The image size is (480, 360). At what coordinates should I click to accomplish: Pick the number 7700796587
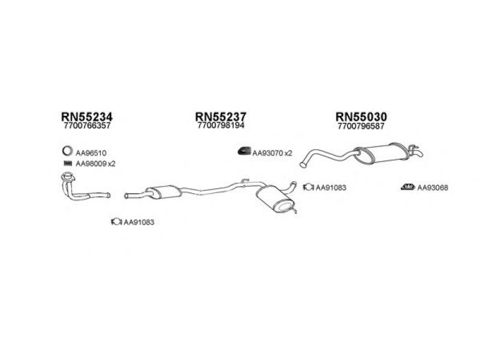click(x=361, y=127)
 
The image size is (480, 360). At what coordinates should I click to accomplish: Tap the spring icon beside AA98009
click(x=67, y=164)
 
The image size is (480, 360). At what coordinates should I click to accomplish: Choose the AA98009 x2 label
click(x=95, y=164)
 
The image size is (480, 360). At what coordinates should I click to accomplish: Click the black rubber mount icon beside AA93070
click(x=243, y=153)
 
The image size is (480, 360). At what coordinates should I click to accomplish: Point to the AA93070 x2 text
click(x=272, y=154)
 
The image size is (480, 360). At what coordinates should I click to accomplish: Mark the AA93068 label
click(x=433, y=188)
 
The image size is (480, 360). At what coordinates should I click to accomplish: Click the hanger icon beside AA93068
click(x=407, y=187)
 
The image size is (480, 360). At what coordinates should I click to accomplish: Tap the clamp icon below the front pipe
click(x=115, y=223)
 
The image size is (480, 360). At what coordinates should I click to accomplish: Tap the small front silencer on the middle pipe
click(x=163, y=192)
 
